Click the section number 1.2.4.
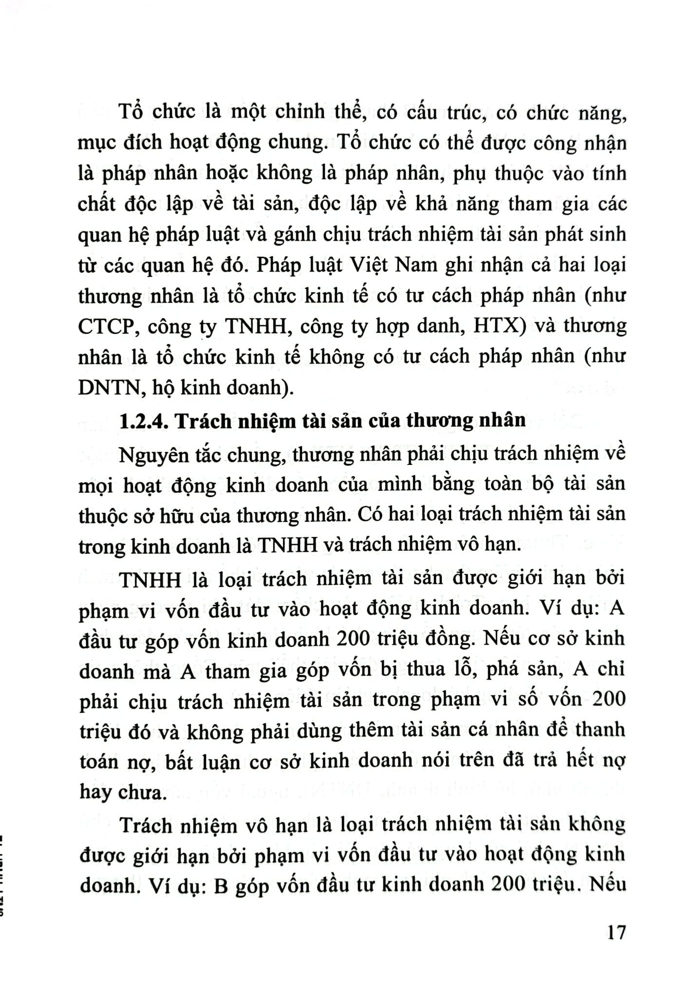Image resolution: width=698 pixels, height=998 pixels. point(144,421)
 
